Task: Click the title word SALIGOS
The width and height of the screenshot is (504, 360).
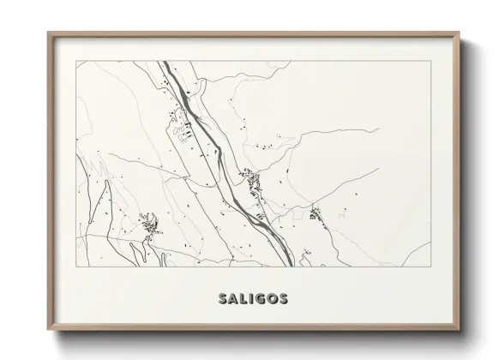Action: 253,299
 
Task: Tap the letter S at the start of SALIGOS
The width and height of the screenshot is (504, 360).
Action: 223,299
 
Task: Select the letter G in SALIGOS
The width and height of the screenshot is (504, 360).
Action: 259,299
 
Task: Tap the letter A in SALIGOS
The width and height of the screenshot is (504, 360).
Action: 233,299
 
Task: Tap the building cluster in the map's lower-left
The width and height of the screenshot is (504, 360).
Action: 151,225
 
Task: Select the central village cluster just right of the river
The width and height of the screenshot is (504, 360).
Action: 254,181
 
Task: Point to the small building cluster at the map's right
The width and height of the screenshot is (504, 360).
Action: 316,213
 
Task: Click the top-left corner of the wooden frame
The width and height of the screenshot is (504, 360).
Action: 48,33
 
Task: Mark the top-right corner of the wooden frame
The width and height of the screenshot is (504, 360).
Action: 460,33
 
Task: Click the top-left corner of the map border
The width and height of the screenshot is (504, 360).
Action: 76,61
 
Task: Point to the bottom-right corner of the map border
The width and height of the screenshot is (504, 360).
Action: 430,267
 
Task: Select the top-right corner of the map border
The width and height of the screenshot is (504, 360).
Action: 430,61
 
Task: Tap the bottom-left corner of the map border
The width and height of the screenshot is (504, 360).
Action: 76,267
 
